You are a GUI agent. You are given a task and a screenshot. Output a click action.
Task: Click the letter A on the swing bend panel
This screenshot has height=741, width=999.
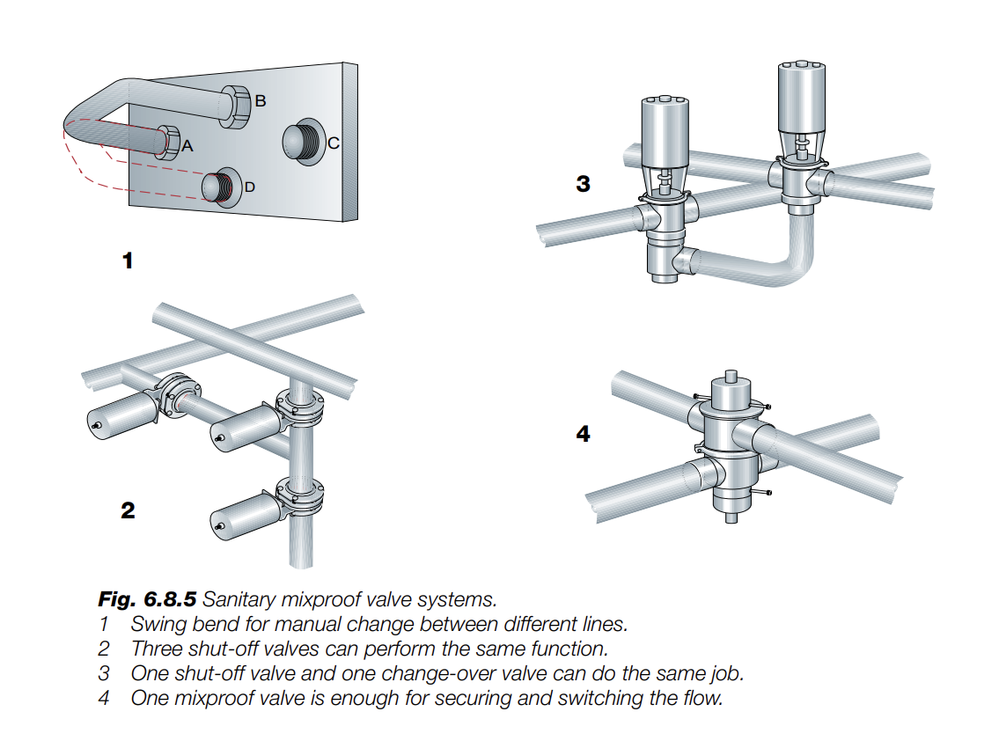186,147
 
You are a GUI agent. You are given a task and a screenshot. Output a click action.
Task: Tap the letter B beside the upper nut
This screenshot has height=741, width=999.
260,101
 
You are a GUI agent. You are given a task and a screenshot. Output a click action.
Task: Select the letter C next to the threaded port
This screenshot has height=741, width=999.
334,143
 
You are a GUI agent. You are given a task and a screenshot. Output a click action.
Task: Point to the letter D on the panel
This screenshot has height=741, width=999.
250,187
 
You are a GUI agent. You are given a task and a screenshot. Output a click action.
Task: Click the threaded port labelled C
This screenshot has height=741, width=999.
301,141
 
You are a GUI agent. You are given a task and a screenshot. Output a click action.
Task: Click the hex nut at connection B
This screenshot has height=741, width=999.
236,104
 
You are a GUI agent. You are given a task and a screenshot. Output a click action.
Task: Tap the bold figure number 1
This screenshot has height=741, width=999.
129,260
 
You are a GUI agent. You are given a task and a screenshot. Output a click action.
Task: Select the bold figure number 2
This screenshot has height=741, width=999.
129,510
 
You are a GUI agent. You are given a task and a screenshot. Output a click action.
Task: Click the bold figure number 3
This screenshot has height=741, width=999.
583,184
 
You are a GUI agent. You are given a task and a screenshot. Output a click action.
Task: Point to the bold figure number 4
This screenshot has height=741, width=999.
583,434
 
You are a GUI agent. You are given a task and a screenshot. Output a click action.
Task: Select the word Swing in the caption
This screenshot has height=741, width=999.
155,625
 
